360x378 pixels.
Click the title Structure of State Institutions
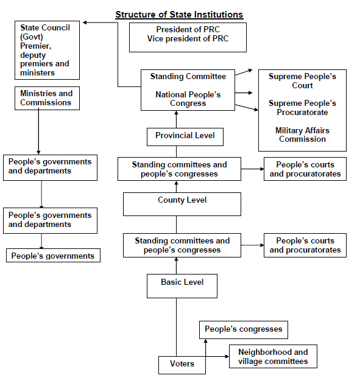(x=179, y=15)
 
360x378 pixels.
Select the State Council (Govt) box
(x=47, y=50)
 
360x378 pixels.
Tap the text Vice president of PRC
(x=188, y=39)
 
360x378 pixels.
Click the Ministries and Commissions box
(x=47, y=98)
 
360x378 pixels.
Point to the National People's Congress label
(x=188, y=99)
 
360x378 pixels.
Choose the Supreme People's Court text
(x=302, y=81)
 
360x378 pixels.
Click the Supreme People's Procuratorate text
(x=302, y=108)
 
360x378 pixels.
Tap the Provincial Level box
(x=185, y=136)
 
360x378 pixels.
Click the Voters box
(x=182, y=365)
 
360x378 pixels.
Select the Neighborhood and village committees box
(x=272, y=357)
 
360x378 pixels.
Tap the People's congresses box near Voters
(x=243, y=330)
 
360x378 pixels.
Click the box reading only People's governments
(x=53, y=256)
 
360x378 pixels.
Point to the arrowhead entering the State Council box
(x=86, y=23)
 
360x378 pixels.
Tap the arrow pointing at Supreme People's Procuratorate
(x=247, y=93)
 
